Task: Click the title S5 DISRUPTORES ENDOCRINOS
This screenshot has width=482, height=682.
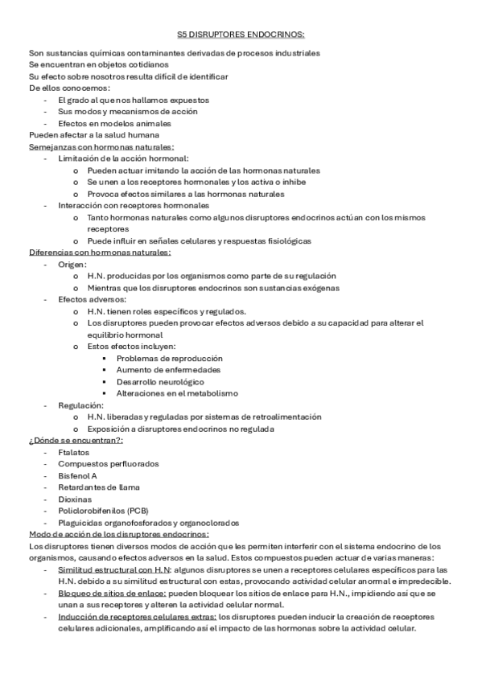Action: point(241,35)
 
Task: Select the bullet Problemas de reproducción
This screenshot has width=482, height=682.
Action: point(169,358)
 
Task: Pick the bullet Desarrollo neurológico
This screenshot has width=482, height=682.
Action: point(160,381)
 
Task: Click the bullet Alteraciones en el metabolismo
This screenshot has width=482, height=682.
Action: point(177,393)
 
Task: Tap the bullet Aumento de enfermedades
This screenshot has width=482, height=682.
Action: point(165,370)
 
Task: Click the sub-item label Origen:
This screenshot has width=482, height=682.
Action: point(73,264)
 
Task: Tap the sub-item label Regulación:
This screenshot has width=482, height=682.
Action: point(80,405)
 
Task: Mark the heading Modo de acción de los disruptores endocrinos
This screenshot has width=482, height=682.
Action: point(119,533)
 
